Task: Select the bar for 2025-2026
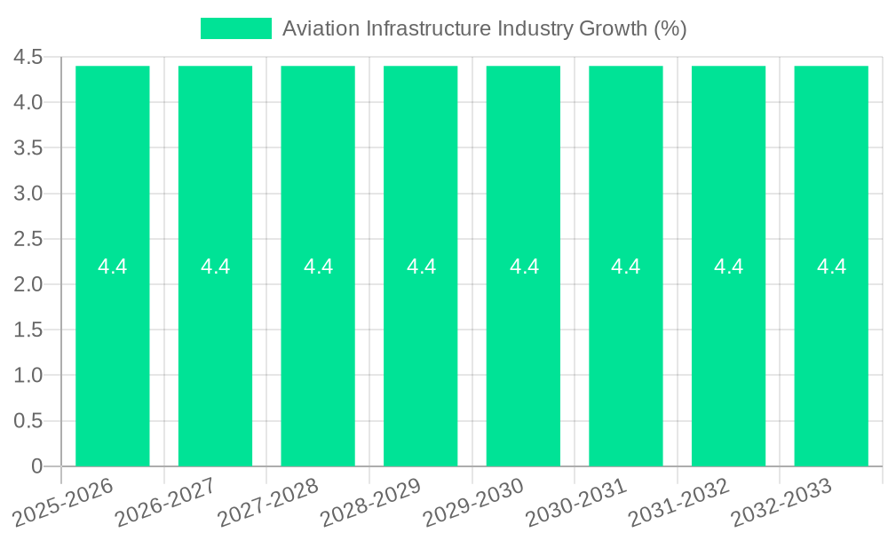click(113, 355)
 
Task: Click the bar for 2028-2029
click(421, 355)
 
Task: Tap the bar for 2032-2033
click(831, 355)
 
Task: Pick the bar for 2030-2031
click(626, 355)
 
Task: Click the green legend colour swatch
click(236, 28)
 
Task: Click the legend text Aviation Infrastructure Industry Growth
click(484, 28)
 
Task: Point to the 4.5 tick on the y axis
click(28, 58)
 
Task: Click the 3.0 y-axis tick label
click(28, 194)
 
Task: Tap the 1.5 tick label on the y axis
click(28, 330)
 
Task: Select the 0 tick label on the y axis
click(36, 466)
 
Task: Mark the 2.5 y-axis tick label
click(28, 239)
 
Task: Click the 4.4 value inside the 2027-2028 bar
click(318, 266)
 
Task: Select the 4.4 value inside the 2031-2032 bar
click(729, 266)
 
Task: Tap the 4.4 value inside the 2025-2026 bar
click(113, 266)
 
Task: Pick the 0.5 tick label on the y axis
click(28, 421)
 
